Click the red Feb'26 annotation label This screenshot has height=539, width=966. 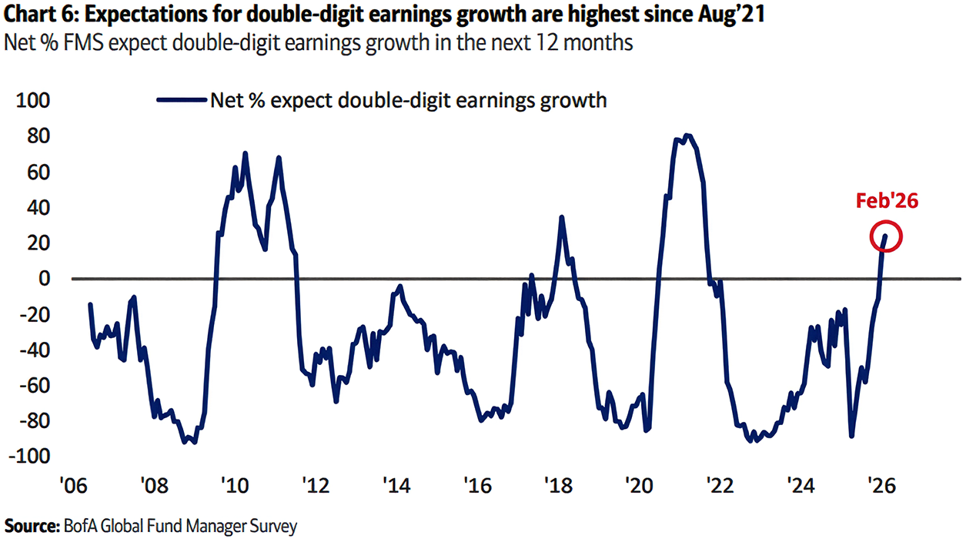pyautogui.click(x=887, y=201)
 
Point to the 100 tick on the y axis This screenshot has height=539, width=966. pyautogui.click(x=33, y=101)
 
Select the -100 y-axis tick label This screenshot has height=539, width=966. pyautogui.click(x=29, y=457)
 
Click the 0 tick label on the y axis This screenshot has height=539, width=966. pyautogui.click(x=45, y=279)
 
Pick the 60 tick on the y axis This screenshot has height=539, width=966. pyautogui.click(x=39, y=172)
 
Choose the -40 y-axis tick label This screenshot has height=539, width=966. pyautogui.click(x=35, y=350)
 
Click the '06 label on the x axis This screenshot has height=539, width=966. pyautogui.click(x=74, y=486)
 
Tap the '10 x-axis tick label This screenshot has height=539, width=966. pyautogui.click(x=235, y=486)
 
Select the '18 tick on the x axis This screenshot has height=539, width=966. pyautogui.click(x=558, y=486)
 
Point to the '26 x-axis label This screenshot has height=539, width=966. pyautogui.click(x=881, y=486)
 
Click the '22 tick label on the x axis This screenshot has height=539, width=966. pyautogui.click(x=720, y=486)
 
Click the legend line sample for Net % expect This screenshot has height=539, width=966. pyautogui.click(x=182, y=100)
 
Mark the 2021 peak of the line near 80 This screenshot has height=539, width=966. pyautogui.click(x=687, y=136)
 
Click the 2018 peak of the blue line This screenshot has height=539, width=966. pyautogui.click(x=561, y=217)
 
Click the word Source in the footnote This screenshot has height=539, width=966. pyautogui.click(x=32, y=527)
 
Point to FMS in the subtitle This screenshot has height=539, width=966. pyautogui.click(x=84, y=42)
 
